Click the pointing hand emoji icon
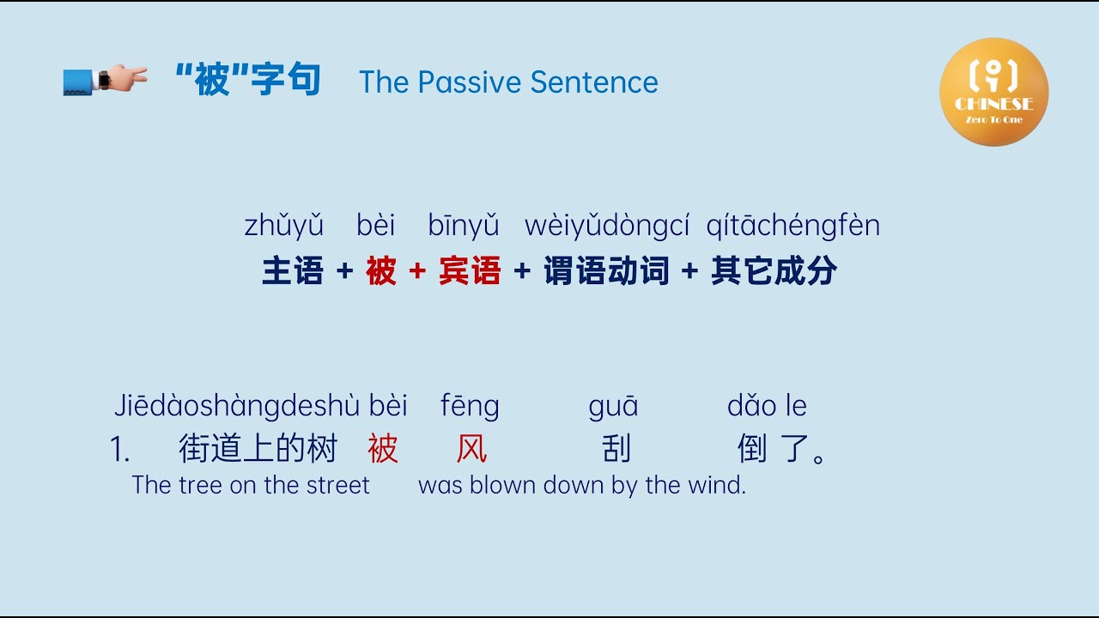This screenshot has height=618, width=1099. (x=105, y=80)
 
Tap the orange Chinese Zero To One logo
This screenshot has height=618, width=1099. (x=993, y=92)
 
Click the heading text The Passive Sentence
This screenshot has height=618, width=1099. (x=508, y=82)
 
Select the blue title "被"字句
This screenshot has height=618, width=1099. (x=247, y=81)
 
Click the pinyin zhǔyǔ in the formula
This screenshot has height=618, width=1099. (x=284, y=226)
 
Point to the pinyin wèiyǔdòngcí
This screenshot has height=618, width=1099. (x=607, y=226)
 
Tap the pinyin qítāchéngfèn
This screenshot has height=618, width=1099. (x=792, y=226)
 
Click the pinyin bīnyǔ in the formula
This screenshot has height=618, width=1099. (x=464, y=226)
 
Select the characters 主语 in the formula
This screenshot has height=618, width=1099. (x=293, y=271)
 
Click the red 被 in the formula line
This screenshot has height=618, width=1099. (x=380, y=271)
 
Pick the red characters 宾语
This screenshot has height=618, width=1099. (x=470, y=271)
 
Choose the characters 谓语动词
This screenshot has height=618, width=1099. (x=606, y=271)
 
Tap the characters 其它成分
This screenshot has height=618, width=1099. (x=774, y=271)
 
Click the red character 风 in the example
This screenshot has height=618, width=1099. (x=471, y=448)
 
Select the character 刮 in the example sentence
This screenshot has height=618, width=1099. (x=616, y=448)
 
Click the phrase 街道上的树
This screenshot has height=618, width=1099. (x=258, y=448)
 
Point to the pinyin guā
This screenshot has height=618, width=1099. (x=613, y=406)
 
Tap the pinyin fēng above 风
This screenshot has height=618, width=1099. (x=470, y=406)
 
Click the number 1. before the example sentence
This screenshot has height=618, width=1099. (x=120, y=449)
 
